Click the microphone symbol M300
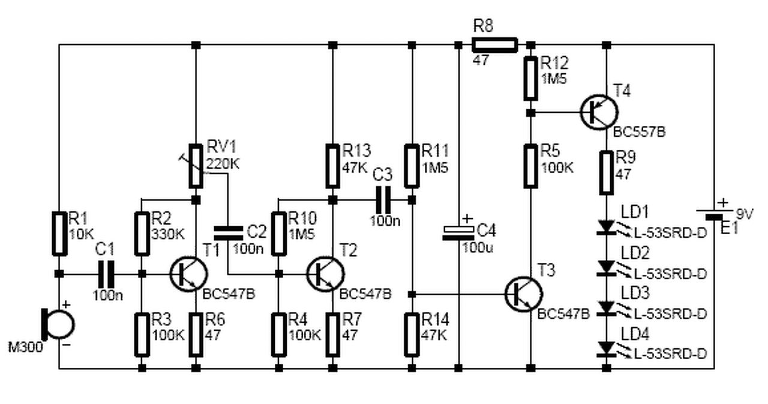click(x=59, y=324)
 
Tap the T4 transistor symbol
click(x=599, y=112)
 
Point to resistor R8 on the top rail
click(x=494, y=44)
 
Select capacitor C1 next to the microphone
click(x=106, y=274)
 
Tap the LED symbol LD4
click(x=606, y=348)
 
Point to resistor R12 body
click(x=530, y=78)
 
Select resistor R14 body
click(x=412, y=334)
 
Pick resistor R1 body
click(x=59, y=232)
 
